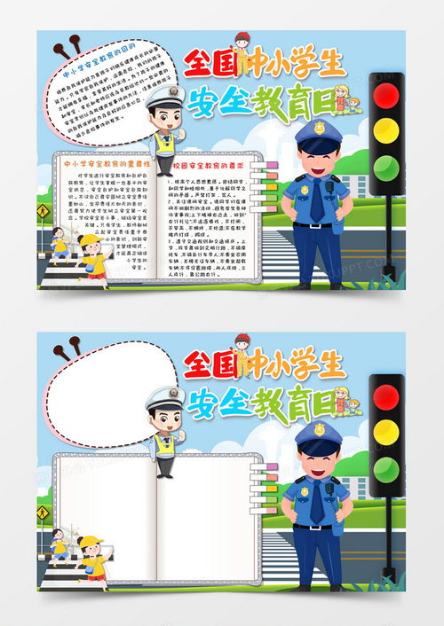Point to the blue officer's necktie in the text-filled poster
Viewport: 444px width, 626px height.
click(316, 202)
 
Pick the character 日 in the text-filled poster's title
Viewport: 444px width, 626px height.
click(323, 103)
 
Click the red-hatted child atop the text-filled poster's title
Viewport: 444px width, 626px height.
click(241, 42)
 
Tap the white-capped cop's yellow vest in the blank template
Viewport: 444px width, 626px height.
click(164, 444)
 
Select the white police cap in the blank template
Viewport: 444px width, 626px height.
click(164, 397)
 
